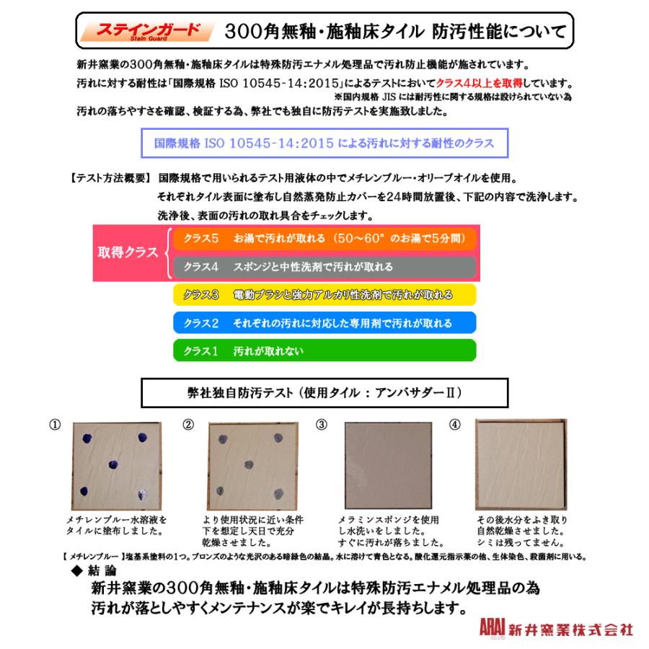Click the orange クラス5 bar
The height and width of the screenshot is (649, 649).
(x=324, y=239)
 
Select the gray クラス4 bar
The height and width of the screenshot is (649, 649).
(x=324, y=267)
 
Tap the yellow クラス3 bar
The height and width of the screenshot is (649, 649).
(x=324, y=295)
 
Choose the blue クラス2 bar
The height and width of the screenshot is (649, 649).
(x=324, y=323)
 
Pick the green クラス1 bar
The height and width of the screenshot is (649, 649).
(x=324, y=351)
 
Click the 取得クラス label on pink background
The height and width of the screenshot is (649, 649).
(x=128, y=253)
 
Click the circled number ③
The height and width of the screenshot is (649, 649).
(x=322, y=425)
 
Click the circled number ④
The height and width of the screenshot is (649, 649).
(x=454, y=425)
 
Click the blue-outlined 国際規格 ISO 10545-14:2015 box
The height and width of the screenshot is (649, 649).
(x=324, y=143)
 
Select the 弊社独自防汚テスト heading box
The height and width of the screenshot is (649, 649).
(x=324, y=394)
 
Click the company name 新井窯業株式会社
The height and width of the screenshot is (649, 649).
(x=571, y=629)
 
